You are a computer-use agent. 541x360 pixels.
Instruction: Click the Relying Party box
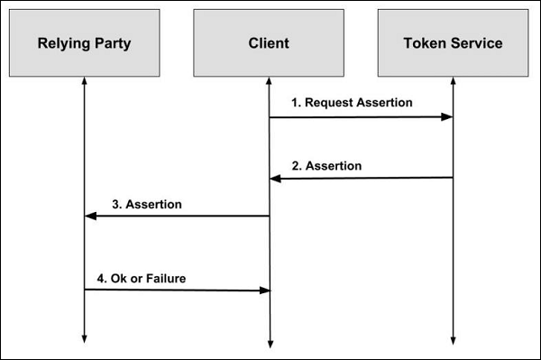[83, 42]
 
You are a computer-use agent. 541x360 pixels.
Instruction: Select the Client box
[268, 42]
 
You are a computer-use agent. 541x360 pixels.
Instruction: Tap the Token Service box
[453, 42]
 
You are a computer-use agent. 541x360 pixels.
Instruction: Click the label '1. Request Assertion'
[352, 102]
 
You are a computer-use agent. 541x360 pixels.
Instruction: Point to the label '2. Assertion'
[326, 166]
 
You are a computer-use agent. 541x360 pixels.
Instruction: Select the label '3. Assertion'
[147, 204]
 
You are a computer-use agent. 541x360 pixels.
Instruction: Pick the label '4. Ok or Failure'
[142, 278]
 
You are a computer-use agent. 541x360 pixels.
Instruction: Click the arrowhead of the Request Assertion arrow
[446, 117]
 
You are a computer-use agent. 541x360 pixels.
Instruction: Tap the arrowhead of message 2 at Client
[275, 180]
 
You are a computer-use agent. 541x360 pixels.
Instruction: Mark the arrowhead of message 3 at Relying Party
[89, 217]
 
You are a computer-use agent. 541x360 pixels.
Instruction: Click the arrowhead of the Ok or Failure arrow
[265, 291]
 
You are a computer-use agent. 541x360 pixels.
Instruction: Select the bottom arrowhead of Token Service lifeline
[453, 339]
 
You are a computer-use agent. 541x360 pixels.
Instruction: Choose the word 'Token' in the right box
[424, 42]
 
